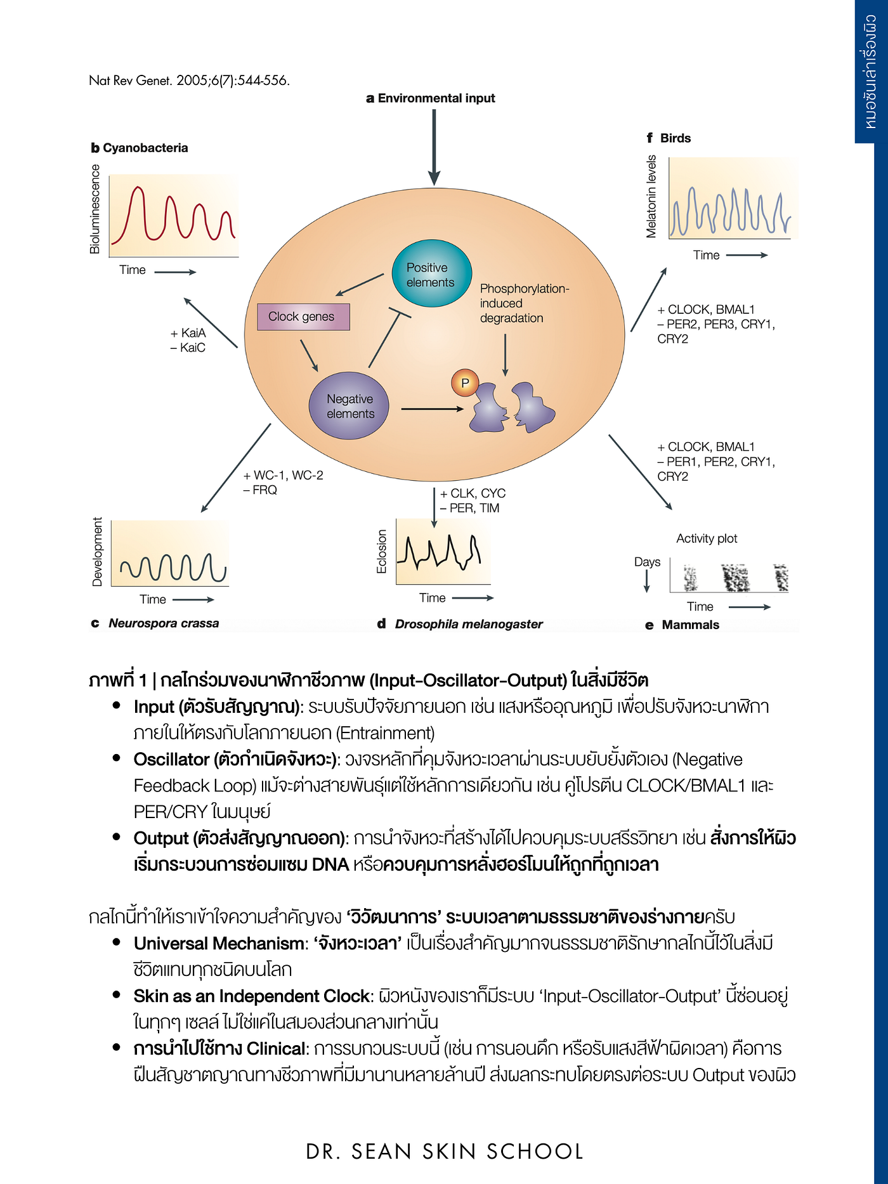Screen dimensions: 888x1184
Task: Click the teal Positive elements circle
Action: click(431, 273)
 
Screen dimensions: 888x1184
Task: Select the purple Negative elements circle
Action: click(349, 406)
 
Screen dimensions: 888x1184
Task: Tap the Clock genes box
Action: click(303, 316)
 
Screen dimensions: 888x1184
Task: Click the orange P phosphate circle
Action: click(465, 382)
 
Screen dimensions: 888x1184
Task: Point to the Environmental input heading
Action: click(431, 98)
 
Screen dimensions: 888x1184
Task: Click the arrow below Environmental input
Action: click(434, 147)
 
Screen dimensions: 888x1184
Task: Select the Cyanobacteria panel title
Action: click(140, 148)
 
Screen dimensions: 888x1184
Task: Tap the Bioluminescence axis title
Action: click(95, 209)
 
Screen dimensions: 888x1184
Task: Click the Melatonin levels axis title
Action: click(651, 197)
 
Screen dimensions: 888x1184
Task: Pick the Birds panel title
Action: click(669, 138)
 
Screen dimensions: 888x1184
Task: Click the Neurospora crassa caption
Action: click(155, 623)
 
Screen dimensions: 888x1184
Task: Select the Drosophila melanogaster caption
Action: click(460, 624)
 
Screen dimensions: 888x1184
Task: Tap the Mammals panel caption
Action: click(682, 625)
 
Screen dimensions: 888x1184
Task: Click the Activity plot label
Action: click(707, 538)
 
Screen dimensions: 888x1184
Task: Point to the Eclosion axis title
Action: click(382, 552)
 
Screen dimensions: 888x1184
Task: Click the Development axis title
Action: click(97, 552)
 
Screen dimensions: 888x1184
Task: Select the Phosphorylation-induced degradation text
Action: click(525, 303)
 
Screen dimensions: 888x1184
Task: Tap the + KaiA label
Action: click(188, 333)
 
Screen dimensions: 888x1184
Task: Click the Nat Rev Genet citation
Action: click(189, 81)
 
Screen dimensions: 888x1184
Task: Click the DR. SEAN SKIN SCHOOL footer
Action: click(445, 1152)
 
